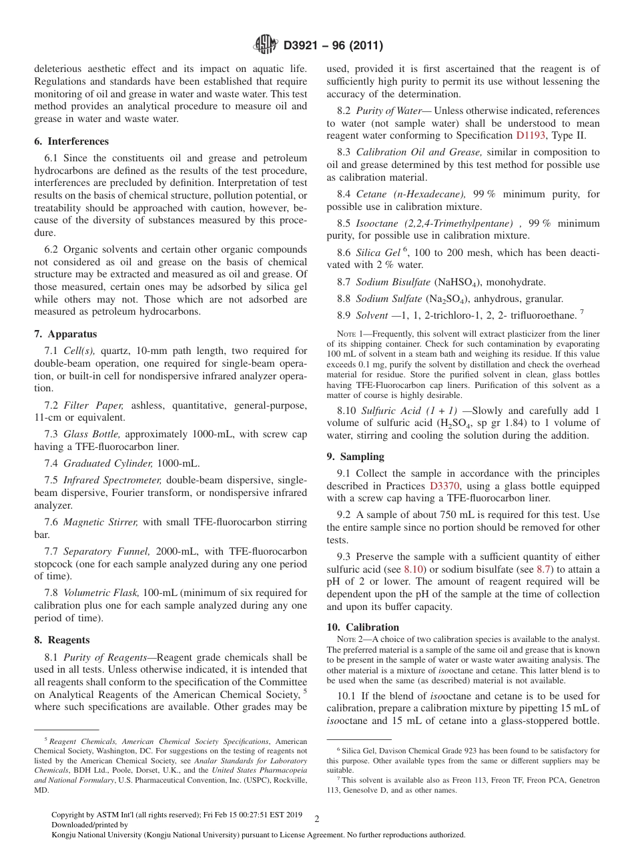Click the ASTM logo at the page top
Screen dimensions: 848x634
click(265, 45)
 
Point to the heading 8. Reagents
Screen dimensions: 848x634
click(62, 639)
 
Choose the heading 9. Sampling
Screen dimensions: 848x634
click(355, 457)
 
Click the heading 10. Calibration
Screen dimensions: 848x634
click(362, 627)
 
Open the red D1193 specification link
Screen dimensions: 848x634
click(531, 135)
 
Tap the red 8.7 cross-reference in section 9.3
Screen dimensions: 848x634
click(544, 569)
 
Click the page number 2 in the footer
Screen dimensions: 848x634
click(317, 819)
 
